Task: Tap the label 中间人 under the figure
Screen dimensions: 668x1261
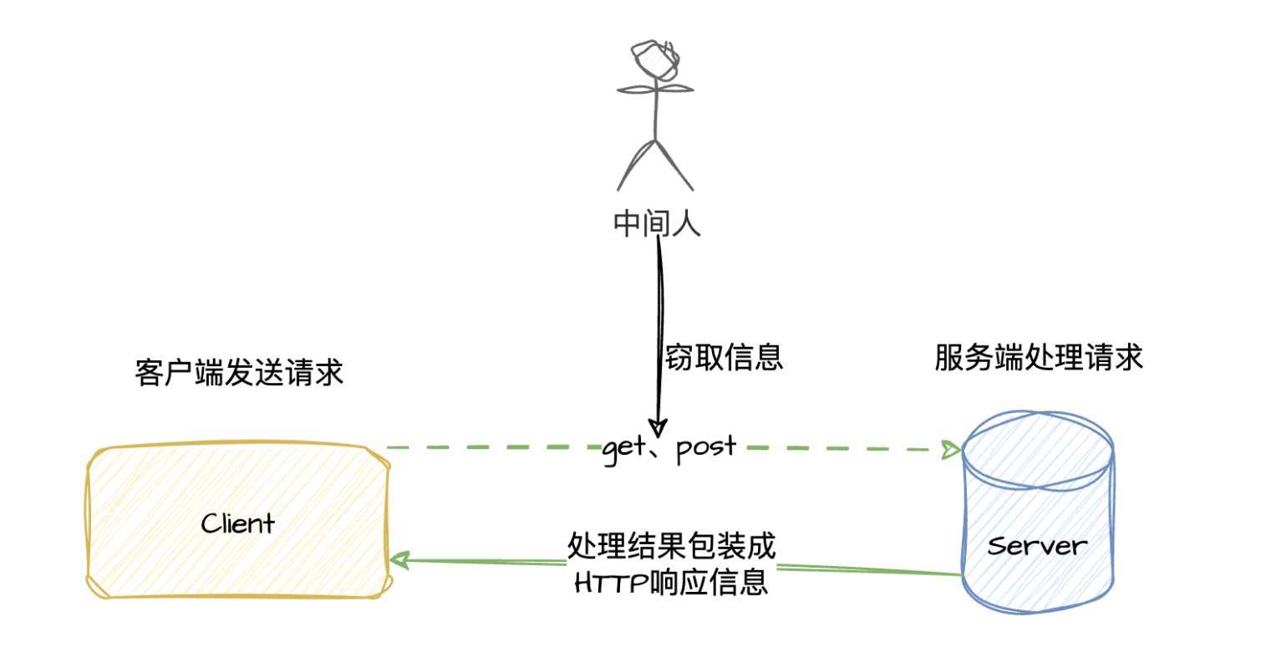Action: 656,223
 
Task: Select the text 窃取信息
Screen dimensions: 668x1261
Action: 724,357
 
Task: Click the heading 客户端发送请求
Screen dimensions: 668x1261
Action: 239,373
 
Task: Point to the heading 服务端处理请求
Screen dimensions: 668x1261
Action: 1039,358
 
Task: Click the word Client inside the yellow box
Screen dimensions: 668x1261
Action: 238,524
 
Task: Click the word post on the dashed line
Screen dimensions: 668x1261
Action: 706,446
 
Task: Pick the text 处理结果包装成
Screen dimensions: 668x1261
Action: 672,546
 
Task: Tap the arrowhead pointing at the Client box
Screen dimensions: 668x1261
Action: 399,559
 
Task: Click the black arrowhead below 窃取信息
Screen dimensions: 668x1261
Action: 658,426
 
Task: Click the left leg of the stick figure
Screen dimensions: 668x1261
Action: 635,163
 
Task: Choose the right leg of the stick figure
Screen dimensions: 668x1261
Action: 677,163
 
